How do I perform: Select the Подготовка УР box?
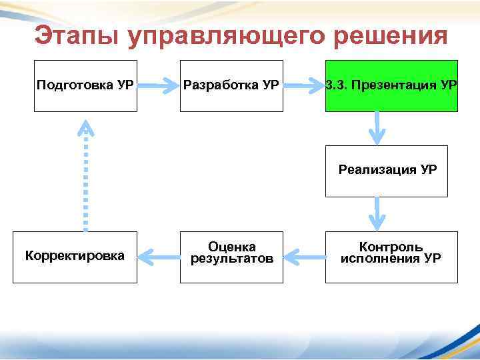click(x=85, y=85)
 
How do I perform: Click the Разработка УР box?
click(x=231, y=85)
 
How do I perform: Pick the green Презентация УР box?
click(x=391, y=85)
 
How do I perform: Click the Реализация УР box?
click(x=387, y=171)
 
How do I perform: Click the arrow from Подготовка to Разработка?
click(x=159, y=85)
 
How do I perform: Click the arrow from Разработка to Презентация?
click(x=305, y=85)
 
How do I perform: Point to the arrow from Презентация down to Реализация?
click(x=377, y=127)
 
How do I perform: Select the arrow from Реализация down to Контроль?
click(x=377, y=214)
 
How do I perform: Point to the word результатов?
click(x=231, y=259)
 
